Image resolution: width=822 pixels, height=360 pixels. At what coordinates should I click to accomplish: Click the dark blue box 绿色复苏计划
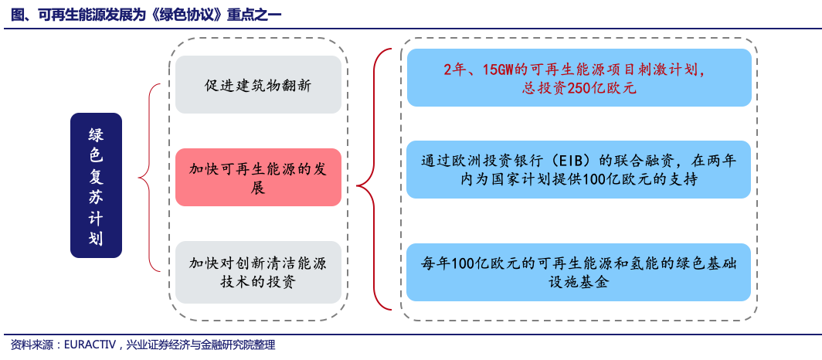(96, 185)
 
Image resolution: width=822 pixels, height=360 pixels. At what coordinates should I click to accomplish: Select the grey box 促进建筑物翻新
(259, 85)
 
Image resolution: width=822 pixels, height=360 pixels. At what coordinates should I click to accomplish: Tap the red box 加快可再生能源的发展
(259, 178)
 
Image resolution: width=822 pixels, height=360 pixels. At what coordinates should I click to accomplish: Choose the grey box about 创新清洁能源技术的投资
(259, 272)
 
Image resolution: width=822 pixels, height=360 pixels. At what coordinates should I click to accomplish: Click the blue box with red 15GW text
(579, 77)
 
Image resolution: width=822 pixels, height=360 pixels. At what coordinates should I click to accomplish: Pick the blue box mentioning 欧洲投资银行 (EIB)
(579, 169)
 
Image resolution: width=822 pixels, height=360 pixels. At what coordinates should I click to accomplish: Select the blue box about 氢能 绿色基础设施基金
(579, 272)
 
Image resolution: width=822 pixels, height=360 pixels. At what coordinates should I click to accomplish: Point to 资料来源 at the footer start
(32, 345)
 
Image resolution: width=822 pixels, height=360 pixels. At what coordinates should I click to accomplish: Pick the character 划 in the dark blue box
(96, 239)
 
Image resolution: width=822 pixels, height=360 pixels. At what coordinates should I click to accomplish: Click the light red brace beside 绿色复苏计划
(149, 178)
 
